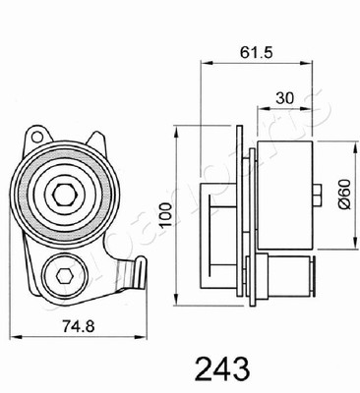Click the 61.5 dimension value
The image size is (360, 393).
coord(256,52)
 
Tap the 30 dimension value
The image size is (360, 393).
coord(284,98)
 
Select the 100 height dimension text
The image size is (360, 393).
coord(166,215)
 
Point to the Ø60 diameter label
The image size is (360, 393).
coord(344,195)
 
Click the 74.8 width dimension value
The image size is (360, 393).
coord(79,326)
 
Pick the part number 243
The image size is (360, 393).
coord(222,368)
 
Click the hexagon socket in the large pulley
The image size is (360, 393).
coord(65,195)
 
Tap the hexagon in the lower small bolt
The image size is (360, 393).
coord(64,277)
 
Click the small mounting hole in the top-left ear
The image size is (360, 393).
coord(37,136)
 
